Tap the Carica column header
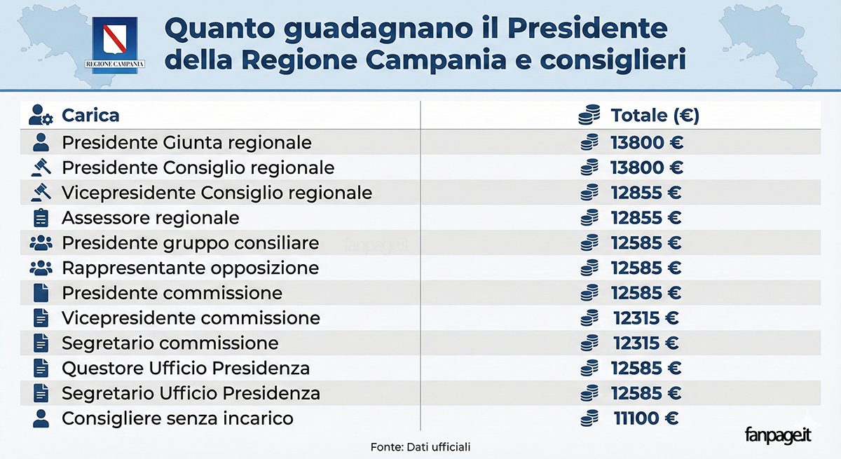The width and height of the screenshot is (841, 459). point(90,115)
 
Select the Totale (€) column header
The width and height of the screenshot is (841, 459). point(655,115)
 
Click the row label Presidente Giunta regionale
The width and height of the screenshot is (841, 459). point(186,142)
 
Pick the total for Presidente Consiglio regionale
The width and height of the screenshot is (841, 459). point(646,167)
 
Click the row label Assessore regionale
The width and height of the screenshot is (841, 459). point(150,218)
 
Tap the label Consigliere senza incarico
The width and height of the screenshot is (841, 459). point(177,418)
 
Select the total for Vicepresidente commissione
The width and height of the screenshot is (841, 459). point(645,318)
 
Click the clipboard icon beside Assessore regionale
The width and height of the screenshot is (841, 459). point(41,218)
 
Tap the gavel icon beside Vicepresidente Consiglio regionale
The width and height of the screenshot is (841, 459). point(41,193)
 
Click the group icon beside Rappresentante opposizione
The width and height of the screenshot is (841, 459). point(41,268)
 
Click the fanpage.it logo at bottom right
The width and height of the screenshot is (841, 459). point(778,434)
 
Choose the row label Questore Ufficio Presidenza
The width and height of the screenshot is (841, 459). point(186,368)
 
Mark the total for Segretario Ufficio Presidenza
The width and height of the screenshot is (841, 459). point(646,393)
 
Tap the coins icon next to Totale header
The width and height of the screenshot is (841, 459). point(590,115)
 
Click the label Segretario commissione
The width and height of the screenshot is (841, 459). point(170,343)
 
